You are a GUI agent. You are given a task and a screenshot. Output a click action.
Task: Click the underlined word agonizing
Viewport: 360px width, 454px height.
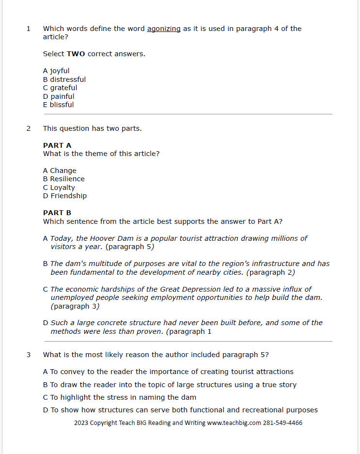(164, 29)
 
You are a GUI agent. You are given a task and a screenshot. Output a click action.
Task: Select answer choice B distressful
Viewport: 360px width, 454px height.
(64, 79)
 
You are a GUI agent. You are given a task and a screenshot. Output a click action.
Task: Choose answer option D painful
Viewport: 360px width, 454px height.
(59, 96)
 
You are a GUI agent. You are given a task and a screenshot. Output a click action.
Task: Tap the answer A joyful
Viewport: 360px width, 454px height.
(56, 71)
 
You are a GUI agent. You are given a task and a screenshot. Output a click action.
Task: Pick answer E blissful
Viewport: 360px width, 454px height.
(59, 105)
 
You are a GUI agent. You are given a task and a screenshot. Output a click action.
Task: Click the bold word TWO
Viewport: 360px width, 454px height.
(76, 54)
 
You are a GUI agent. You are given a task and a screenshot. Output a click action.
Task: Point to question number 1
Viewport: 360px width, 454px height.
(28, 29)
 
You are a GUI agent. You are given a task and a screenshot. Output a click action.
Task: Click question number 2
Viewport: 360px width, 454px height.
(28, 128)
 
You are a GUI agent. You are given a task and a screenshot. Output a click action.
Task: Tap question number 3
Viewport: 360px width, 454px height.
(28, 355)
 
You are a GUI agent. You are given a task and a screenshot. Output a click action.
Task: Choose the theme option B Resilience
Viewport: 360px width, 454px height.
(64, 179)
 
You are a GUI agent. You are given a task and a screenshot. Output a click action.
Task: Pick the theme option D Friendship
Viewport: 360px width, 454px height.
(65, 196)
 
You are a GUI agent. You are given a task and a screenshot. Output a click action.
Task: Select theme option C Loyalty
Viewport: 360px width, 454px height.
(59, 188)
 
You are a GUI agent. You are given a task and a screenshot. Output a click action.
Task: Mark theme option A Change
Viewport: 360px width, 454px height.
(60, 171)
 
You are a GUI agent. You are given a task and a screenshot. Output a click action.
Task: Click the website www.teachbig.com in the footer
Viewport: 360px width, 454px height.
(234, 423)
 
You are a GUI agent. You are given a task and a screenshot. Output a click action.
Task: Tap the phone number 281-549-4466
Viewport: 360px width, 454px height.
(282, 423)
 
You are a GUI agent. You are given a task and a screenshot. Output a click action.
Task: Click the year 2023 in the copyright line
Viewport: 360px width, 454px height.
(81, 423)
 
